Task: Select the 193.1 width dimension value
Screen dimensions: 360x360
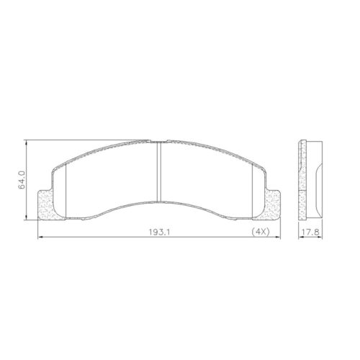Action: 157,233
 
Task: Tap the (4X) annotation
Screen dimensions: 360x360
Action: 261,233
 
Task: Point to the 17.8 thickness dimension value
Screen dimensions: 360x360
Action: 309,233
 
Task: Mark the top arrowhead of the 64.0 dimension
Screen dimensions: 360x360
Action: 27,142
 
